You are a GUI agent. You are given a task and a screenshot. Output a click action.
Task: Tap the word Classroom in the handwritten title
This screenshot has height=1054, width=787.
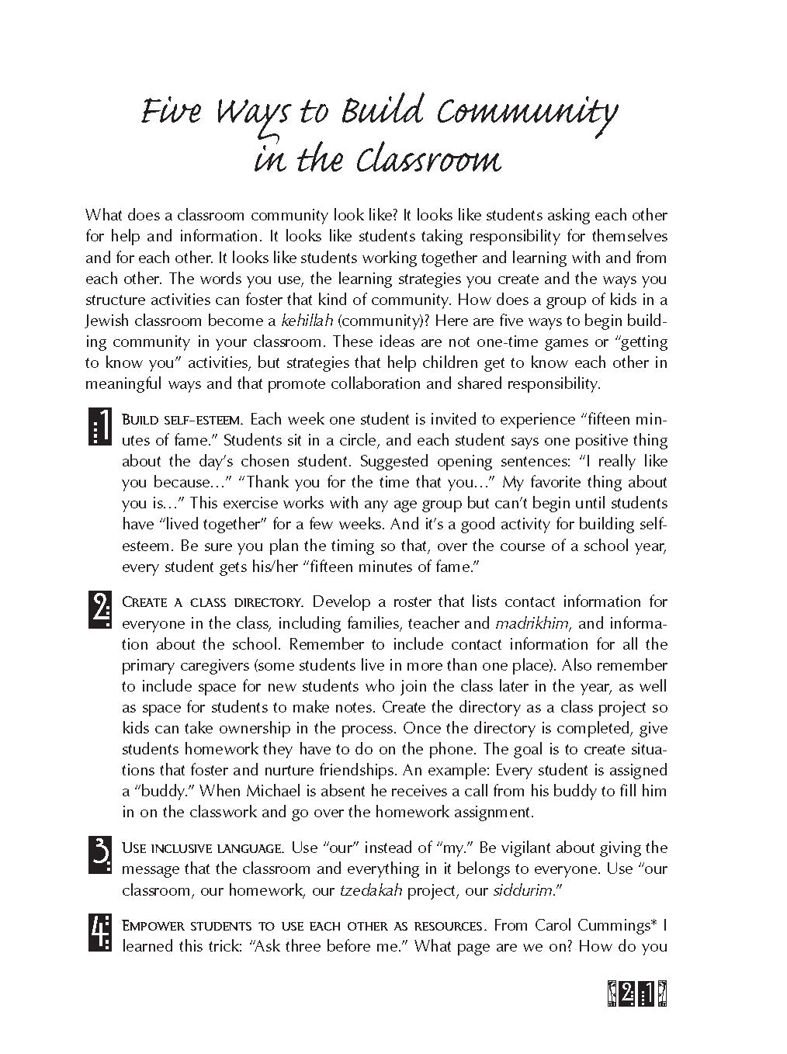pyautogui.click(x=428, y=161)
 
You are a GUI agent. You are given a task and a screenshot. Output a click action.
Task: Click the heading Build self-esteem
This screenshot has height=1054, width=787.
pyautogui.click(x=182, y=420)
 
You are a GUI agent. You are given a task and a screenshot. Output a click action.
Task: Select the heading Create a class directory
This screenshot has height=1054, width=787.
pyautogui.click(x=212, y=602)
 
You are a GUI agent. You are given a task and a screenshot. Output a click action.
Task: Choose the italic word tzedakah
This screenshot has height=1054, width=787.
pyautogui.click(x=371, y=890)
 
